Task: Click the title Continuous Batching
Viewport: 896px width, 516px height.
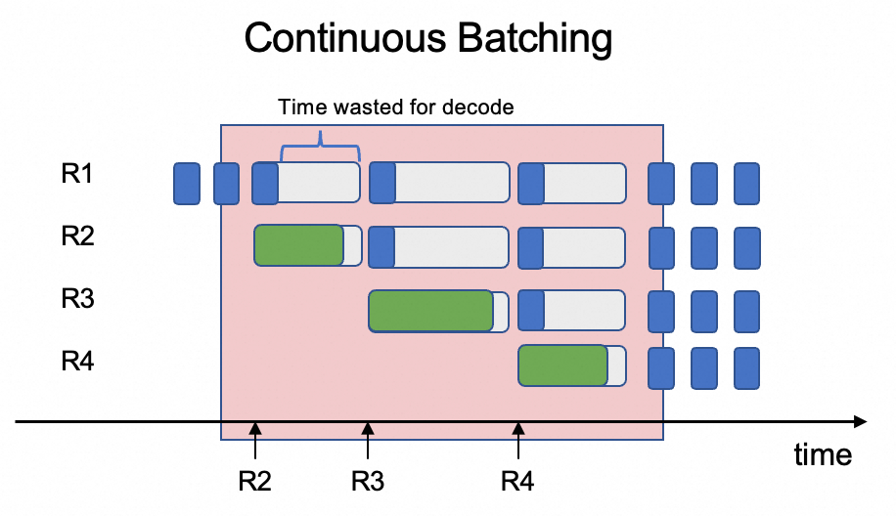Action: (427, 39)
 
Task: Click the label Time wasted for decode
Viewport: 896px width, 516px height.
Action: (395, 107)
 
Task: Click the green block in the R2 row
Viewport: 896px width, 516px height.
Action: (299, 245)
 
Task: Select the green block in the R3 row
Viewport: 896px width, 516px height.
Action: (430, 310)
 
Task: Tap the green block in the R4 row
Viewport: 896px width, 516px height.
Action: (563, 365)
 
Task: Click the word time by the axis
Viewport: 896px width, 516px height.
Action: (822, 454)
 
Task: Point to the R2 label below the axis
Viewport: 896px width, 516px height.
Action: (254, 481)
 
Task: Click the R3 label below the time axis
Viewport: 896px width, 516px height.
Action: (368, 481)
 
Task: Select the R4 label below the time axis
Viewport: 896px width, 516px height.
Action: (518, 481)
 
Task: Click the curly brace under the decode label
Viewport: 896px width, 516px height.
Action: (320, 151)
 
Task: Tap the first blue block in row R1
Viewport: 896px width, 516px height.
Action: (186, 184)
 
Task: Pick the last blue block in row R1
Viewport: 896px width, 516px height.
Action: (746, 184)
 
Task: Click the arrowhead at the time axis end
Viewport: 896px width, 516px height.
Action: (860, 422)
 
